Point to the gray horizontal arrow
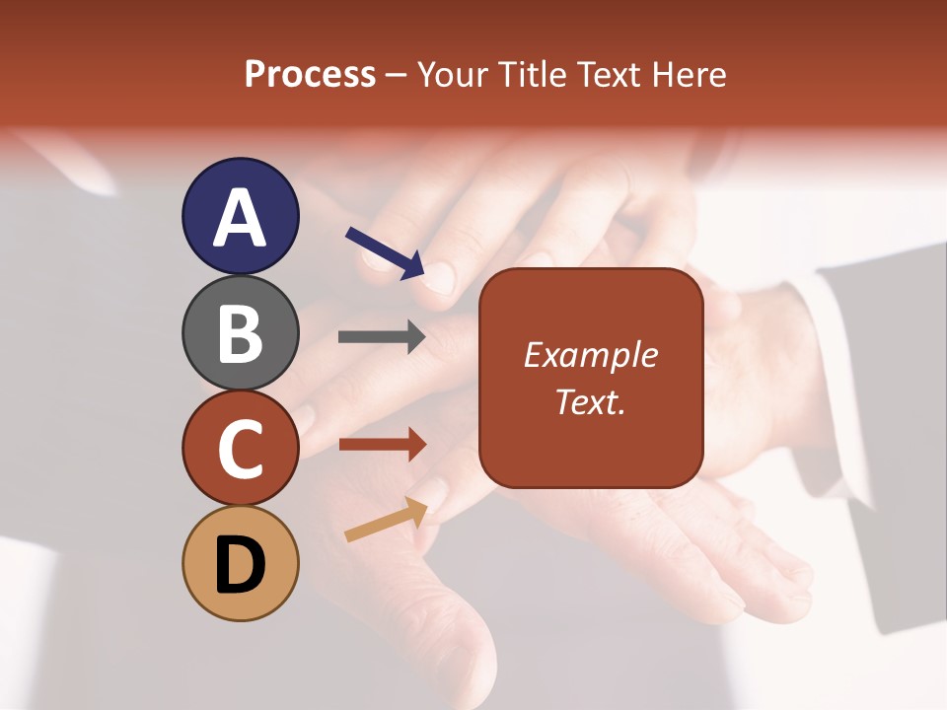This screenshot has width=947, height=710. click(382, 336)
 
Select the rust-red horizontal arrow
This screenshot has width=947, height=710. click(382, 444)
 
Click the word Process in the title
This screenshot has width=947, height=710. click(310, 75)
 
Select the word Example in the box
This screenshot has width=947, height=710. click(590, 355)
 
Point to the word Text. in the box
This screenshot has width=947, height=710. click(590, 401)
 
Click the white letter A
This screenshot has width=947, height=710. click(240, 218)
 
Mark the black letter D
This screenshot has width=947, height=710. click(240, 564)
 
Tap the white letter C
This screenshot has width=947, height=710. click(240, 449)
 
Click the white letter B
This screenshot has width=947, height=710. click(240, 333)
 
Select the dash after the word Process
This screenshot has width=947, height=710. click(396, 76)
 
